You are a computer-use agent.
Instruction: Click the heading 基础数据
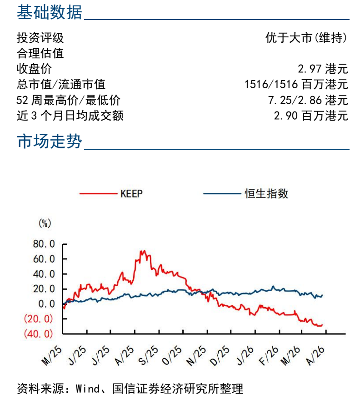coord(50,12)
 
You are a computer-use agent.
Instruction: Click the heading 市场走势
coord(50,142)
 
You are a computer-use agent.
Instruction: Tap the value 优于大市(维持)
coord(307,38)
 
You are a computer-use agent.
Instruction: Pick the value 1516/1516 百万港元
coord(296,85)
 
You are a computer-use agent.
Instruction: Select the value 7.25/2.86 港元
coord(308,100)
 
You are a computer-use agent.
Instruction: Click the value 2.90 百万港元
coord(311,116)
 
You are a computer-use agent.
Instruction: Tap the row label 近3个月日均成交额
coord(70,116)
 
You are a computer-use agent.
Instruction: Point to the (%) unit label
coord(45,223)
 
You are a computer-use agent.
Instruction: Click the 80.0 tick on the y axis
coord(44,244)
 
